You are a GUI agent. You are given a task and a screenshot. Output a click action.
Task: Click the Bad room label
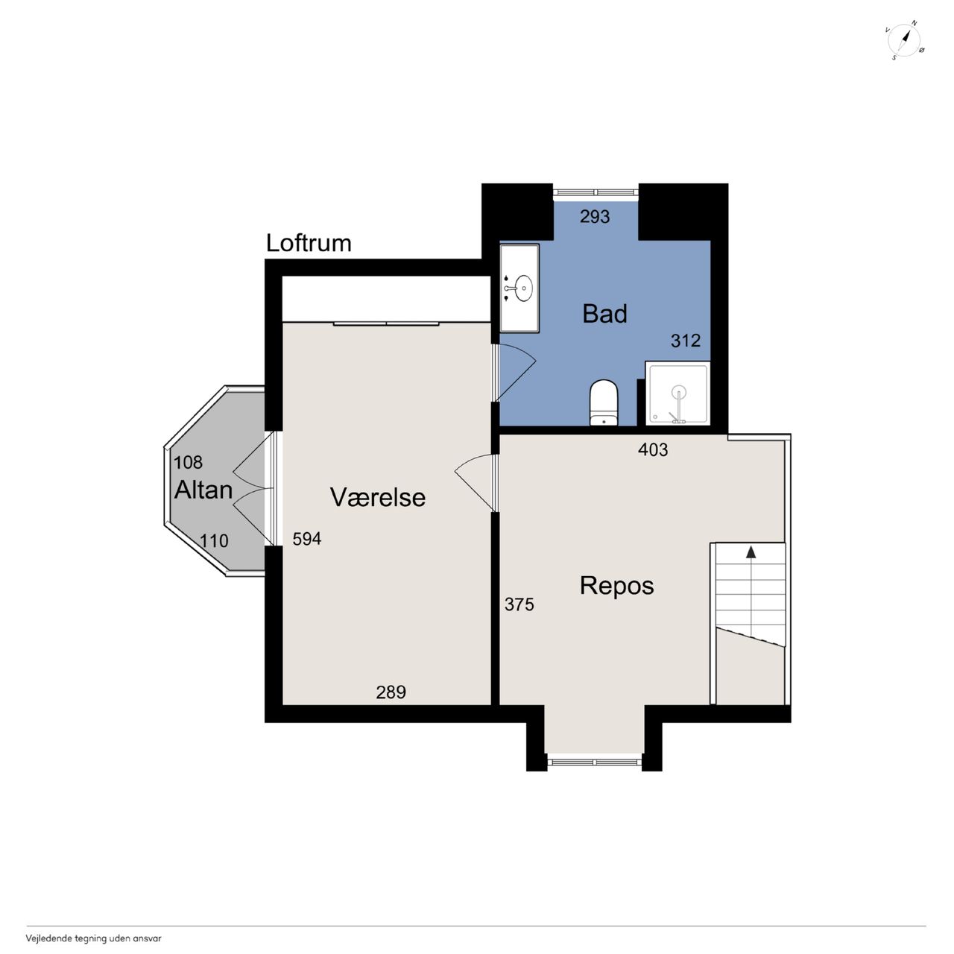(604, 314)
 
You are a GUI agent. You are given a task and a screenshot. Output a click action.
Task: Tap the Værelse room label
(378, 497)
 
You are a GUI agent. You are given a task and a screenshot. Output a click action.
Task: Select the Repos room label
(616, 587)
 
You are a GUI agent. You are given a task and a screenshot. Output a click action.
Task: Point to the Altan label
(203, 490)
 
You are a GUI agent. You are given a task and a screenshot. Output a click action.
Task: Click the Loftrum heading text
(309, 243)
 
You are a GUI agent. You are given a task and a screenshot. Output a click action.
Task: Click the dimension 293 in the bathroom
(595, 217)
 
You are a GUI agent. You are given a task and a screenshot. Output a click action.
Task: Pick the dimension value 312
(686, 341)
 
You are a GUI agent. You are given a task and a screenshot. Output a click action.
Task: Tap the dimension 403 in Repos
(652, 449)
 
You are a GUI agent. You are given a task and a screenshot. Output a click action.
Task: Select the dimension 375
(519, 604)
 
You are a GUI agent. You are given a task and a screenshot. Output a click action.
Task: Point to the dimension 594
(307, 539)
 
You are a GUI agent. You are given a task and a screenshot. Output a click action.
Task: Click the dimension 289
(391, 692)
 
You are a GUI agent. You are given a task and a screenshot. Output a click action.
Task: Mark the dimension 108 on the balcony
(188, 462)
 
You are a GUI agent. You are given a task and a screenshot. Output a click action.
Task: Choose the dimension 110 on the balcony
(214, 541)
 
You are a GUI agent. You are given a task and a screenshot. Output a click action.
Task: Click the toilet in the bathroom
(604, 402)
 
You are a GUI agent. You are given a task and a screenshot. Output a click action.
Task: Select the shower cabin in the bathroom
(677, 394)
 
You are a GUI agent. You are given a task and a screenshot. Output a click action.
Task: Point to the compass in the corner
(905, 40)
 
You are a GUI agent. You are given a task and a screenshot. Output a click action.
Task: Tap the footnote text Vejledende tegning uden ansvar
(94, 938)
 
